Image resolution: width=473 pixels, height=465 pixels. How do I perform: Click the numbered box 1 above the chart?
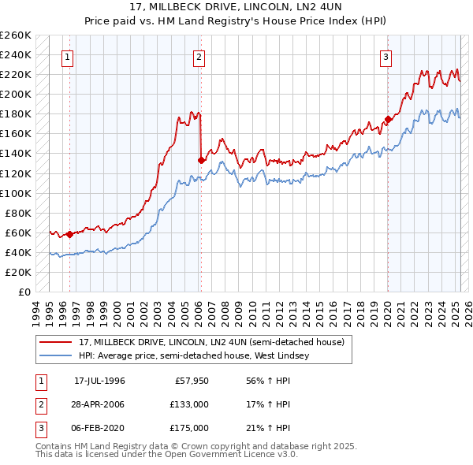[68, 57]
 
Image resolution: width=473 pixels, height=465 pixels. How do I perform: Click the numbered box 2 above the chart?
[199, 57]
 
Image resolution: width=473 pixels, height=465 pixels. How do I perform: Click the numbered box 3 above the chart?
[386, 57]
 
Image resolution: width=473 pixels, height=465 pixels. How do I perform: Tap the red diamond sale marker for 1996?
[69, 234]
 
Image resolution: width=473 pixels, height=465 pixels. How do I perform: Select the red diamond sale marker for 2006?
[201, 160]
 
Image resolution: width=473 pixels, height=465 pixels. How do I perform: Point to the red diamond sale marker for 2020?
[387, 120]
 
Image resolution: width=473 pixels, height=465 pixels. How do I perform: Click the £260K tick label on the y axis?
[16, 35]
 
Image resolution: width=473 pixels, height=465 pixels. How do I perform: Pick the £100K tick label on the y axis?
[16, 193]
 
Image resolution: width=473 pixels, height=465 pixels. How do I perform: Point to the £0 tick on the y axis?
[24, 292]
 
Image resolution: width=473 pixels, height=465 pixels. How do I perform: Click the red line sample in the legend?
[56, 343]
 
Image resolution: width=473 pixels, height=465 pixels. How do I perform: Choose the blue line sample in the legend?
[56, 355]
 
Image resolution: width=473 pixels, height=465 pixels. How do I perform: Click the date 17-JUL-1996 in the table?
[99, 381]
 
